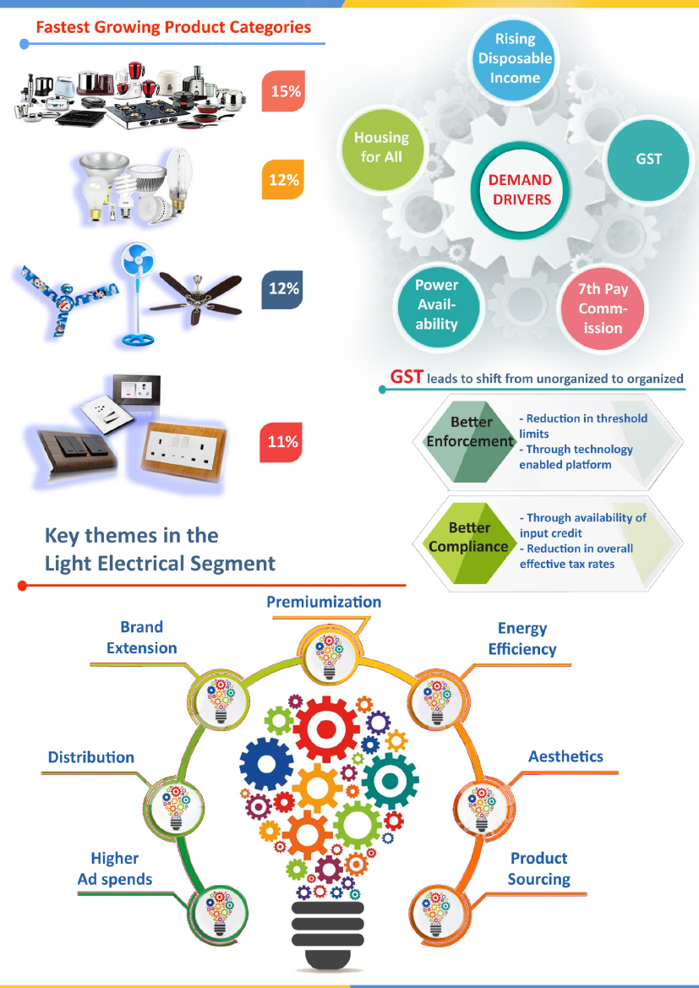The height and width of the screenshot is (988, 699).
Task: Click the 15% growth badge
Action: click(284, 91)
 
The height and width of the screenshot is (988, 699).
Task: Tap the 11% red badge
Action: click(284, 442)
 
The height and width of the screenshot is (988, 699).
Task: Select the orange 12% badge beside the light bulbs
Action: click(284, 180)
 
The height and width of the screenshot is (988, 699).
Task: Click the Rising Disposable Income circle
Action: click(515, 58)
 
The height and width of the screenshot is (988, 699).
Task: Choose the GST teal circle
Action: click(648, 158)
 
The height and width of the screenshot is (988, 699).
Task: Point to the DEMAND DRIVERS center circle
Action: click(521, 190)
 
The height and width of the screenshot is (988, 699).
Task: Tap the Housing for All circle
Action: click(381, 147)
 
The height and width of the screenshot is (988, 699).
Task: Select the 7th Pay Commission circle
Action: click(602, 308)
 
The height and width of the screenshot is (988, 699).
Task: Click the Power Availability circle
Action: click(436, 304)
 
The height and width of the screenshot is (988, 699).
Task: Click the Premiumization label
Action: click(324, 602)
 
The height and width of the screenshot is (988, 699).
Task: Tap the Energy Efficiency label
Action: click(522, 639)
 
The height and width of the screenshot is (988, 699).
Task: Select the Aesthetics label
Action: click(565, 756)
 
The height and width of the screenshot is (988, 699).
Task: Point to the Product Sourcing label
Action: click(538, 869)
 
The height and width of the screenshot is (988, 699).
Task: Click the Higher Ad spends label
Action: click(115, 869)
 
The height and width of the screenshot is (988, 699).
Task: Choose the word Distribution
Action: click(91, 757)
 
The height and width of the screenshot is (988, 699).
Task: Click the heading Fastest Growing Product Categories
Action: click(173, 27)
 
